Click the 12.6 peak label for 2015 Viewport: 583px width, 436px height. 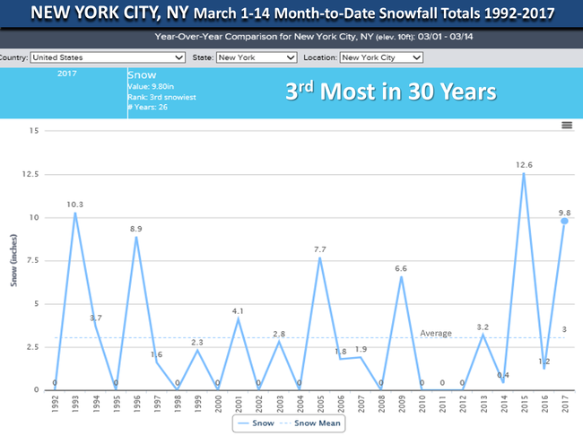(x=523, y=164)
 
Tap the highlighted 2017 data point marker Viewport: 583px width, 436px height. (x=565, y=221)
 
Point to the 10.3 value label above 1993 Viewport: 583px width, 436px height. (x=75, y=204)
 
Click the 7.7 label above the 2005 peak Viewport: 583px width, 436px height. (x=319, y=249)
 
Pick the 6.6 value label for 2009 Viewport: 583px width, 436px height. (x=402, y=268)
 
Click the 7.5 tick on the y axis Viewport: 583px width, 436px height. (x=31, y=260)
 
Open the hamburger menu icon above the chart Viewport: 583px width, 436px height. (x=567, y=125)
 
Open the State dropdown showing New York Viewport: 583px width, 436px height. (x=256, y=57)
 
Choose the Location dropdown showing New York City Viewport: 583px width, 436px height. (x=380, y=57)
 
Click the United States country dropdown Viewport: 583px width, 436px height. (x=107, y=57)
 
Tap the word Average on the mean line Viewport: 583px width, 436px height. (x=437, y=334)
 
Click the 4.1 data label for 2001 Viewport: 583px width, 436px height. (x=238, y=311)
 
